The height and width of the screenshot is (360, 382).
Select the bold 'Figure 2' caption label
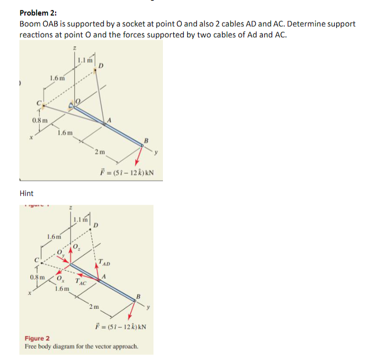pos(37,338)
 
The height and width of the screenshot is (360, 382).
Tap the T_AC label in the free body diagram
pos(81,282)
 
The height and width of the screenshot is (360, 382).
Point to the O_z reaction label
pos(76,246)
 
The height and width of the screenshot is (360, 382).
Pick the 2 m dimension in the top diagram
pos(100,151)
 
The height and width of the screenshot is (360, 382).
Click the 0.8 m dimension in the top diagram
pos(40,120)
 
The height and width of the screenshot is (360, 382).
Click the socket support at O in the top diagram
pos(77,105)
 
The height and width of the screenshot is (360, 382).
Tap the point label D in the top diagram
pos(102,66)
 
